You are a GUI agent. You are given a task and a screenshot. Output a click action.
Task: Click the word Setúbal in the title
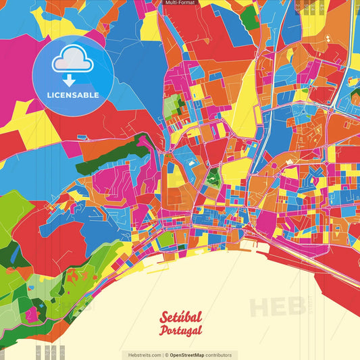(x=181, y=317)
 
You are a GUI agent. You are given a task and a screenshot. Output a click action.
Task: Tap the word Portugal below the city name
(x=180, y=330)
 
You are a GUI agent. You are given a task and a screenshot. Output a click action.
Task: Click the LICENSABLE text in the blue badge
(x=73, y=95)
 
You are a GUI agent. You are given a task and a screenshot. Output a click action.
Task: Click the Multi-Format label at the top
(x=180, y=3)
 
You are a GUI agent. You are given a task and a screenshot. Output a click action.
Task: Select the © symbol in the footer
(x=166, y=355)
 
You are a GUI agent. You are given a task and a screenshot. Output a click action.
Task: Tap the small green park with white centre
(x=214, y=179)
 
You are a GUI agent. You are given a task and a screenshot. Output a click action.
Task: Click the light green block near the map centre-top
(x=174, y=105)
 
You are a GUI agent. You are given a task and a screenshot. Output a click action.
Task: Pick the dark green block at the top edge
(x=250, y=18)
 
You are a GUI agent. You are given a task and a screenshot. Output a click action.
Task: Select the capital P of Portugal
(x=164, y=331)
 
